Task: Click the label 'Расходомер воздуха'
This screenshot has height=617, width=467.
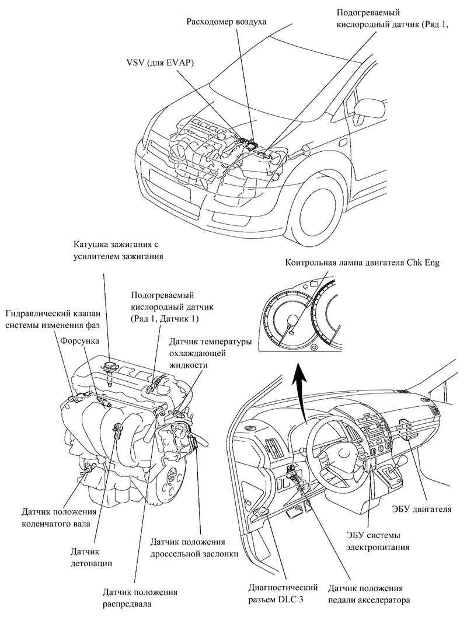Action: pyautogui.click(x=226, y=22)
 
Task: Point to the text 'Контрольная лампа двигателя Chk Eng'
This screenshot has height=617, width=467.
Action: pyautogui.click(x=362, y=263)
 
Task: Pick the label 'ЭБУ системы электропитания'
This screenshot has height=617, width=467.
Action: pyautogui.click(x=374, y=541)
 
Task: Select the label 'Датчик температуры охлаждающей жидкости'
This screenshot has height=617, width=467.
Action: pyautogui.click(x=201, y=353)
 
